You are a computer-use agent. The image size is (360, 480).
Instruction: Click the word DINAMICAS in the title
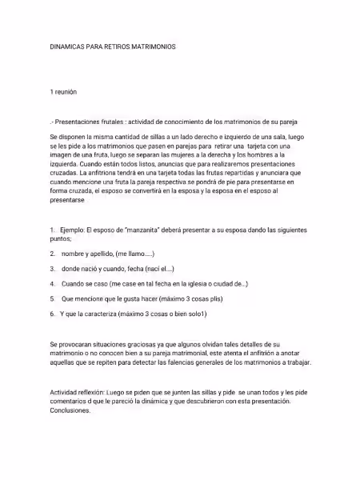pos(66,47)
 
